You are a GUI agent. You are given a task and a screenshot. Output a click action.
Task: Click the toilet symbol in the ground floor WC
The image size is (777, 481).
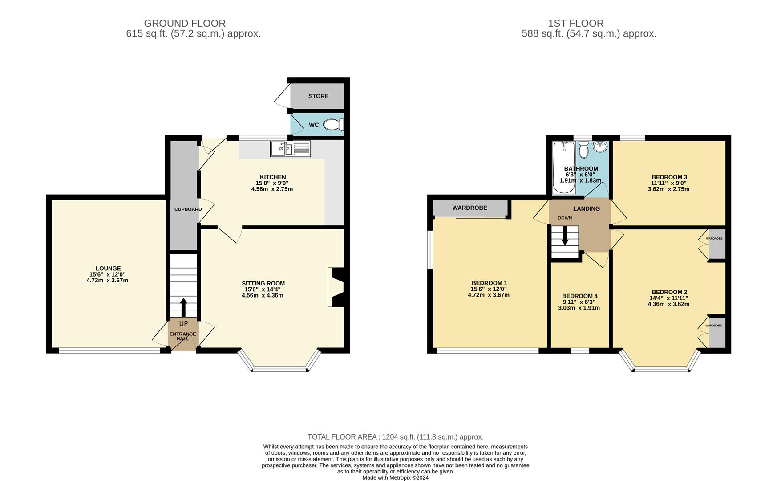click(x=332, y=125)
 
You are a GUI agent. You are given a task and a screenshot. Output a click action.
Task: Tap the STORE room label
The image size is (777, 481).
click(x=319, y=96)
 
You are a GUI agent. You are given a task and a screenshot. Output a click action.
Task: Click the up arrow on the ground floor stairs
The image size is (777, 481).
click(x=183, y=307)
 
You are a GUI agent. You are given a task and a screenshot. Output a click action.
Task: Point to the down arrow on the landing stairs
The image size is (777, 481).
click(x=565, y=236)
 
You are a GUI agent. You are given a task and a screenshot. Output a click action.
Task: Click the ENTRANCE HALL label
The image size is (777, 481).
click(x=182, y=336)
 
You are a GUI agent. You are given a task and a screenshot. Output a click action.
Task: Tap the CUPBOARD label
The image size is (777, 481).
click(x=188, y=209)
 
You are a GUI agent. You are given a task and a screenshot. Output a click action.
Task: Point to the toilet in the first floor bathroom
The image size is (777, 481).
click(x=584, y=150)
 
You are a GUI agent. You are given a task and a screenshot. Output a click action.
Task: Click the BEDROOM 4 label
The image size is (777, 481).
click(x=579, y=296)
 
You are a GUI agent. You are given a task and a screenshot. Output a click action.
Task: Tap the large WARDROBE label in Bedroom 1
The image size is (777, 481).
click(x=469, y=208)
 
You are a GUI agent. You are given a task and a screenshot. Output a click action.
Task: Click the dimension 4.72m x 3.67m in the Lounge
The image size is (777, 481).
click(x=107, y=281)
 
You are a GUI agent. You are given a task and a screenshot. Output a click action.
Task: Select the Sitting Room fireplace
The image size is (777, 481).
click(x=336, y=287)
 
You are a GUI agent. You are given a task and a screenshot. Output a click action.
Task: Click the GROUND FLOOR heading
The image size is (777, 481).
click(x=185, y=23)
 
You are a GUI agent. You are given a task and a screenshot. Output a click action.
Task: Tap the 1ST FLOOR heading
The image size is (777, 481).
click(x=575, y=23)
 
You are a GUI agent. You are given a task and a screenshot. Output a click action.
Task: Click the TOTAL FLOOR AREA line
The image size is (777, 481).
click(x=395, y=437)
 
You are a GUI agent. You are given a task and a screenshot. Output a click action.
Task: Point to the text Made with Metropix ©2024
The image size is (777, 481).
click(x=395, y=477)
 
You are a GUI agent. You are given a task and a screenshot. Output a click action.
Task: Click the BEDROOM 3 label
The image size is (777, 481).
click(x=669, y=177)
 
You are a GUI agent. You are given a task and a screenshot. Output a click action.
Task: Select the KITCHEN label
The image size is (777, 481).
click(x=273, y=177)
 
